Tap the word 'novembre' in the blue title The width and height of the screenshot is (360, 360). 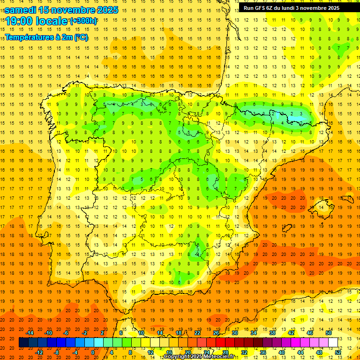(72, 10)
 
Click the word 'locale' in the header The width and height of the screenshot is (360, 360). (52, 21)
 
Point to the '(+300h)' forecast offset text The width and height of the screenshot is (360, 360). (83, 21)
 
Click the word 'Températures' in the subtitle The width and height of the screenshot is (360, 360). (28, 37)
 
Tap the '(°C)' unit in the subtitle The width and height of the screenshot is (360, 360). (81, 37)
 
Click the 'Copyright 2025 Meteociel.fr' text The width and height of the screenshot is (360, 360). (199, 357)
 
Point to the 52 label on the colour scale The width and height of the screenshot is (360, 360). (338, 352)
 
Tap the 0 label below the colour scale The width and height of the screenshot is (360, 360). (92, 352)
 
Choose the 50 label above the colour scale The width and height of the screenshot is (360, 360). (329, 333)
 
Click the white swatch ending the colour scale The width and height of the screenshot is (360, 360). (333, 343)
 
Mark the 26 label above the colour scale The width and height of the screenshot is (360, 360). (216, 333)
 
